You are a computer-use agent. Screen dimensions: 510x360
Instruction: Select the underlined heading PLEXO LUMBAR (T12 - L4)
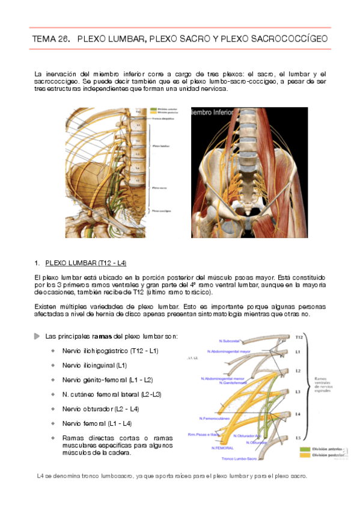pos(86,263)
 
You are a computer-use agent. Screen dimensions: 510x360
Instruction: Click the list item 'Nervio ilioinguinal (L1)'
pos(94,365)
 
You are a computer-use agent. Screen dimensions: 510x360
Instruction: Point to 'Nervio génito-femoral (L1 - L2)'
pos(108,379)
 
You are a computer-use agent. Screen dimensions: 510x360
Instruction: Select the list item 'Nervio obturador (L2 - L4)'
pos(100,409)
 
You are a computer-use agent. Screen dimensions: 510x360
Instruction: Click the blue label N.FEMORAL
pos(222,448)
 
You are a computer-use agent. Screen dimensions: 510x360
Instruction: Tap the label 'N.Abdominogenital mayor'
pos(229,351)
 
